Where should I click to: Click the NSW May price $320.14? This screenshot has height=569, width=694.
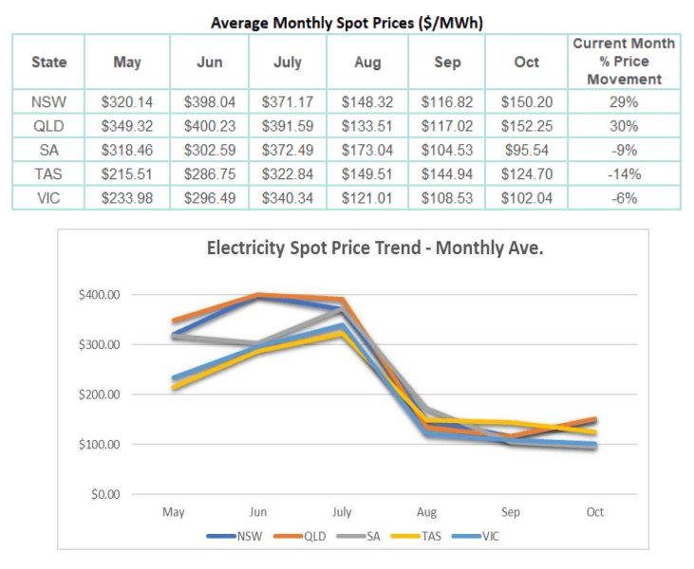[x=127, y=101]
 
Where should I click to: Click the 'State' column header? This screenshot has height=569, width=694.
[x=48, y=62]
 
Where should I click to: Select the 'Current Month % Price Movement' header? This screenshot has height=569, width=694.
[x=624, y=62]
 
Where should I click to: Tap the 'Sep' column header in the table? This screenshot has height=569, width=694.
[x=446, y=62]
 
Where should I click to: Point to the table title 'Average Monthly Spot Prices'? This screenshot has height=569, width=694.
[x=347, y=22]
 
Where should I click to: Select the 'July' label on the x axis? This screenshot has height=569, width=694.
[x=342, y=512]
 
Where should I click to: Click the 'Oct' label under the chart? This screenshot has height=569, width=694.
[x=594, y=512]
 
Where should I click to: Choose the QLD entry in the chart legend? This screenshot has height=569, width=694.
[x=314, y=536]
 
